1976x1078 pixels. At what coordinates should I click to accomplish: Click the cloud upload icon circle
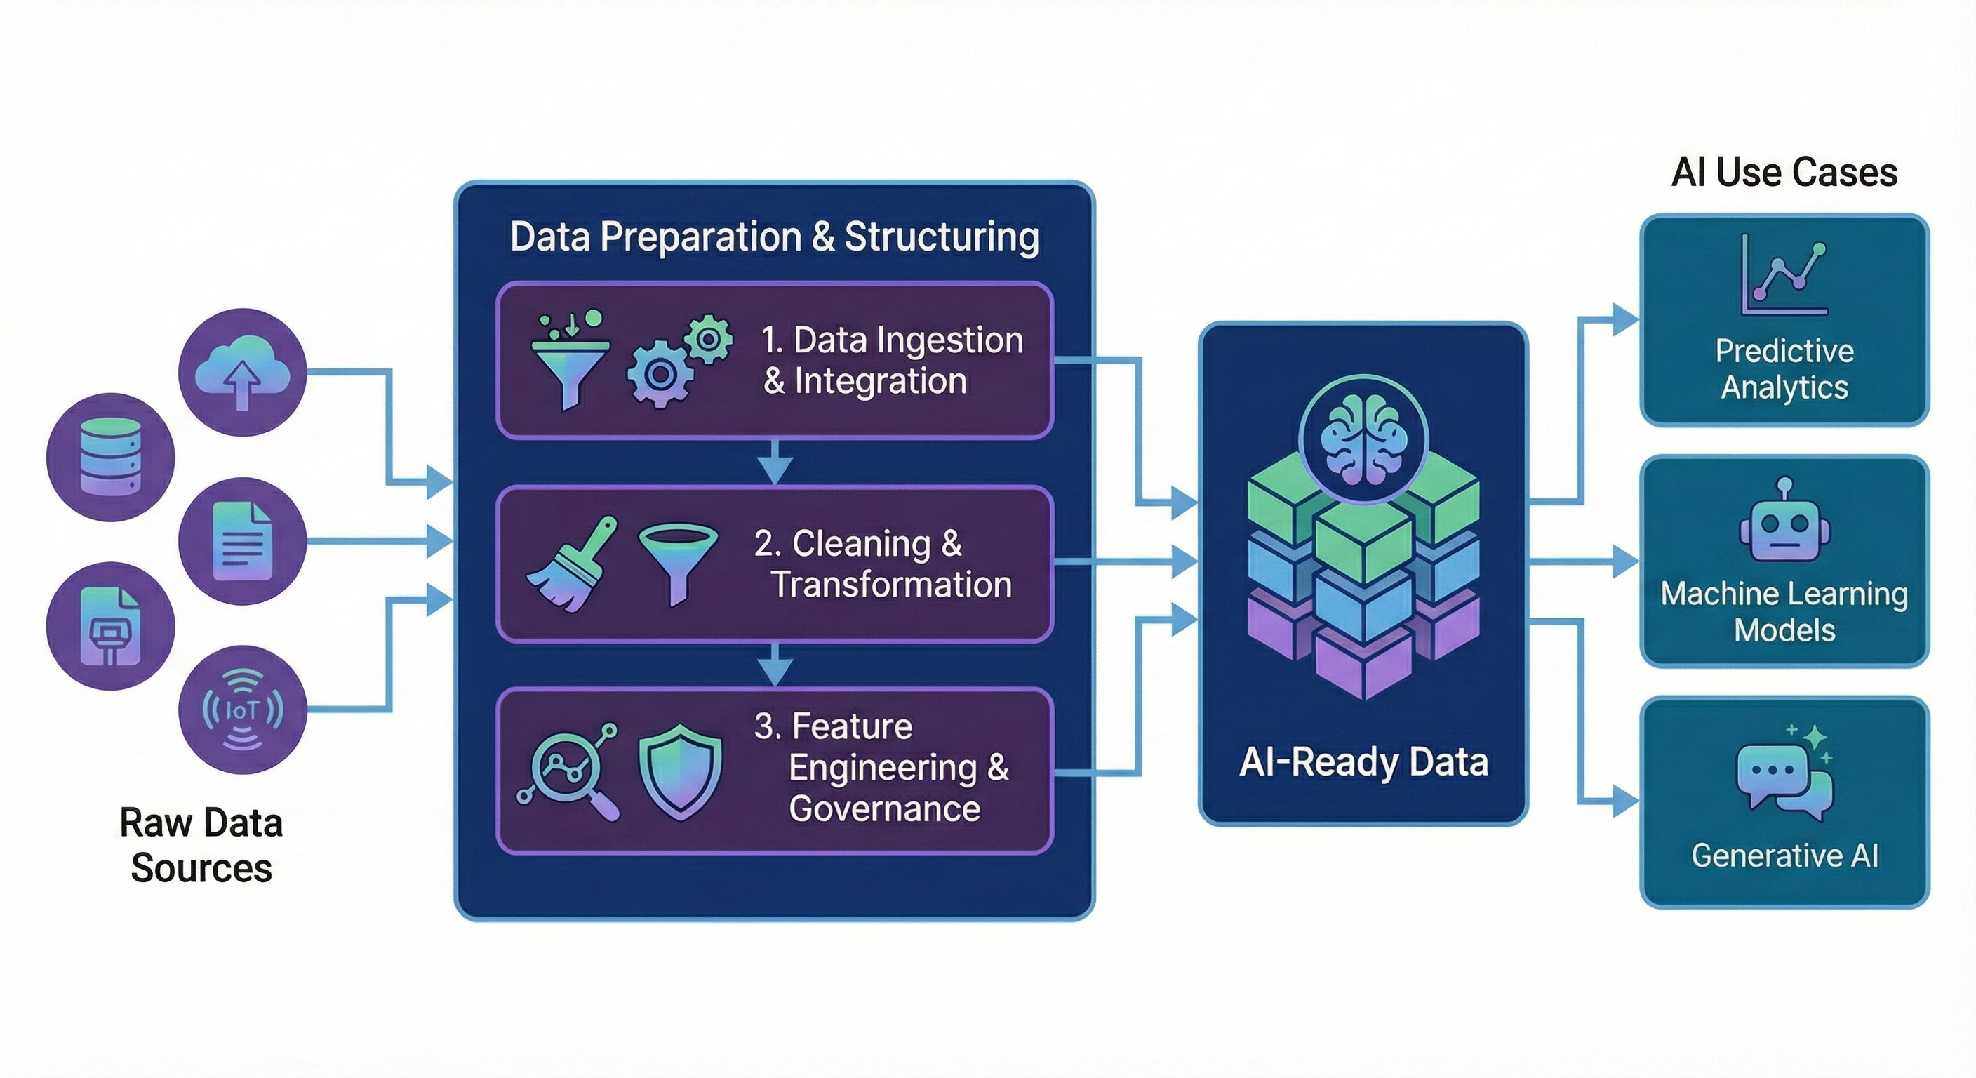click(242, 372)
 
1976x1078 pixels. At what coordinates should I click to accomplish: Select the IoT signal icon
click(242, 710)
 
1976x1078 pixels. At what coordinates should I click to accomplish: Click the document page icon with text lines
click(242, 541)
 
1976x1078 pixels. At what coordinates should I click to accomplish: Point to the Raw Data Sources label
click(201, 845)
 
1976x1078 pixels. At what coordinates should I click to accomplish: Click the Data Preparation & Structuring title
click(774, 237)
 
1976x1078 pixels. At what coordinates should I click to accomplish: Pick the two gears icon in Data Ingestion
click(679, 361)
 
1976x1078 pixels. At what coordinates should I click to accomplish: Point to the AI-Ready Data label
click(1364, 763)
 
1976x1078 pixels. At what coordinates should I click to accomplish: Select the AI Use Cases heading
click(1784, 172)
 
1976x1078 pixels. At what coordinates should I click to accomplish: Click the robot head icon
click(1784, 524)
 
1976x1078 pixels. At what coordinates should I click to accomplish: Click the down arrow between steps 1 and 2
click(775, 463)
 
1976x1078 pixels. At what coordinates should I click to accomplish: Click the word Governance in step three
click(883, 808)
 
